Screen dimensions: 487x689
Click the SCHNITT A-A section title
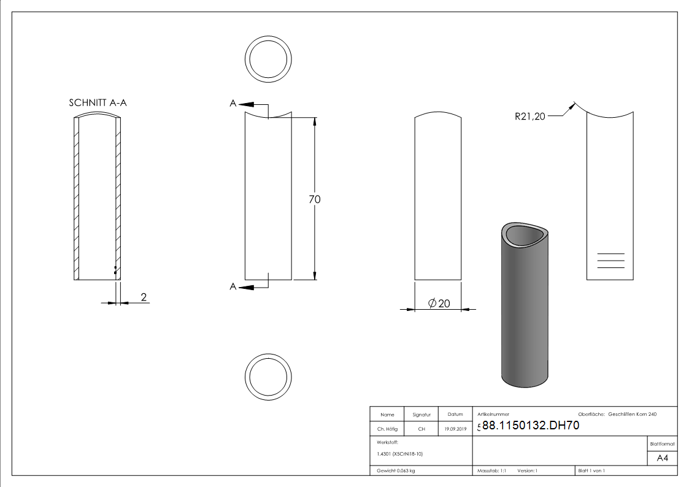[x=98, y=103]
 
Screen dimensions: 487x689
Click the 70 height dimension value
[x=315, y=199]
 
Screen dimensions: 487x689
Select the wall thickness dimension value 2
[x=144, y=297]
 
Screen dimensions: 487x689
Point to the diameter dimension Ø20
[x=438, y=304]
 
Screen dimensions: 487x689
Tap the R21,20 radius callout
[x=530, y=117]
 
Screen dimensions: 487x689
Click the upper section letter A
[x=233, y=104]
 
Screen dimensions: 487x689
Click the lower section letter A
[x=233, y=286]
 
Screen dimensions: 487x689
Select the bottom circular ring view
[x=268, y=376]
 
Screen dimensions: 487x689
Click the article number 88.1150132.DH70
[x=531, y=426]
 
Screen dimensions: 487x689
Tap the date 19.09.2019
[x=455, y=429]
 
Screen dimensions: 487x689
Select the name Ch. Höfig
[x=387, y=429]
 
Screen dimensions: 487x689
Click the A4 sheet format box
[x=662, y=458]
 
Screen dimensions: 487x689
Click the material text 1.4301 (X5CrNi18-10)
[x=399, y=454]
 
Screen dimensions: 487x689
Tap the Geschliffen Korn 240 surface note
[x=632, y=415]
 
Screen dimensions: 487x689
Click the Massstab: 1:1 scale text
[x=491, y=470]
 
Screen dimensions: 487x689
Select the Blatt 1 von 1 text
[x=591, y=470]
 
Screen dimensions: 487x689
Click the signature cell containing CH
[x=421, y=429]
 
